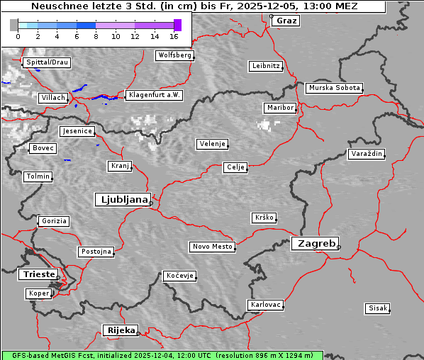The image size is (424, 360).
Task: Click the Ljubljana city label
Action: (121, 199)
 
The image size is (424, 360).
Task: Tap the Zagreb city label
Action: (313, 243)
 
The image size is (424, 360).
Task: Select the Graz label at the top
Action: (286, 21)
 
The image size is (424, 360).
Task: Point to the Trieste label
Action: (37, 274)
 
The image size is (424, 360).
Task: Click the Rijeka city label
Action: (121, 330)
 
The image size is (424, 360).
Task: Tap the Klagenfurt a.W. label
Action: (153, 95)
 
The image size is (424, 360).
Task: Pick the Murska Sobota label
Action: (333, 89)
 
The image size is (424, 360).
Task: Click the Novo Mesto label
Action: (211, 247)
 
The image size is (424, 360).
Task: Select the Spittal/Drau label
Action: (46, 62)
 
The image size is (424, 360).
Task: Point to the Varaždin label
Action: (366, 154)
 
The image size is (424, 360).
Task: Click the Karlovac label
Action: (265, 305)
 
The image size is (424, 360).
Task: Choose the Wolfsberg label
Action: (174, 55)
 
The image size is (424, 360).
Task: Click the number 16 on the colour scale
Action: (174, 35)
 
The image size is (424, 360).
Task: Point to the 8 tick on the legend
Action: (96, 35)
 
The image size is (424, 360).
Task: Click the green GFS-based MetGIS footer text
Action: (162, 355)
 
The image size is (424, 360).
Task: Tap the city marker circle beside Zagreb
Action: (339, 247)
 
